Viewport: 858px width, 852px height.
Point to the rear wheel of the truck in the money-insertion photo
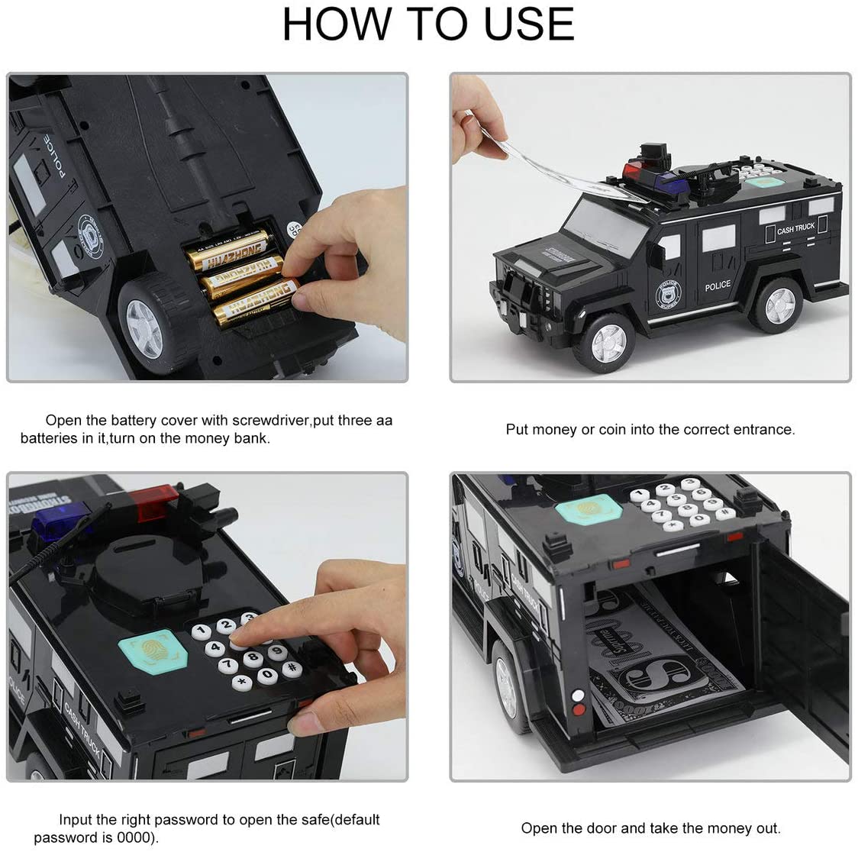[775, 305]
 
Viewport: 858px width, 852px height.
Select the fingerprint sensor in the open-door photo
[589, 509]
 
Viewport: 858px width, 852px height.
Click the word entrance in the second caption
[763, 429]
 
